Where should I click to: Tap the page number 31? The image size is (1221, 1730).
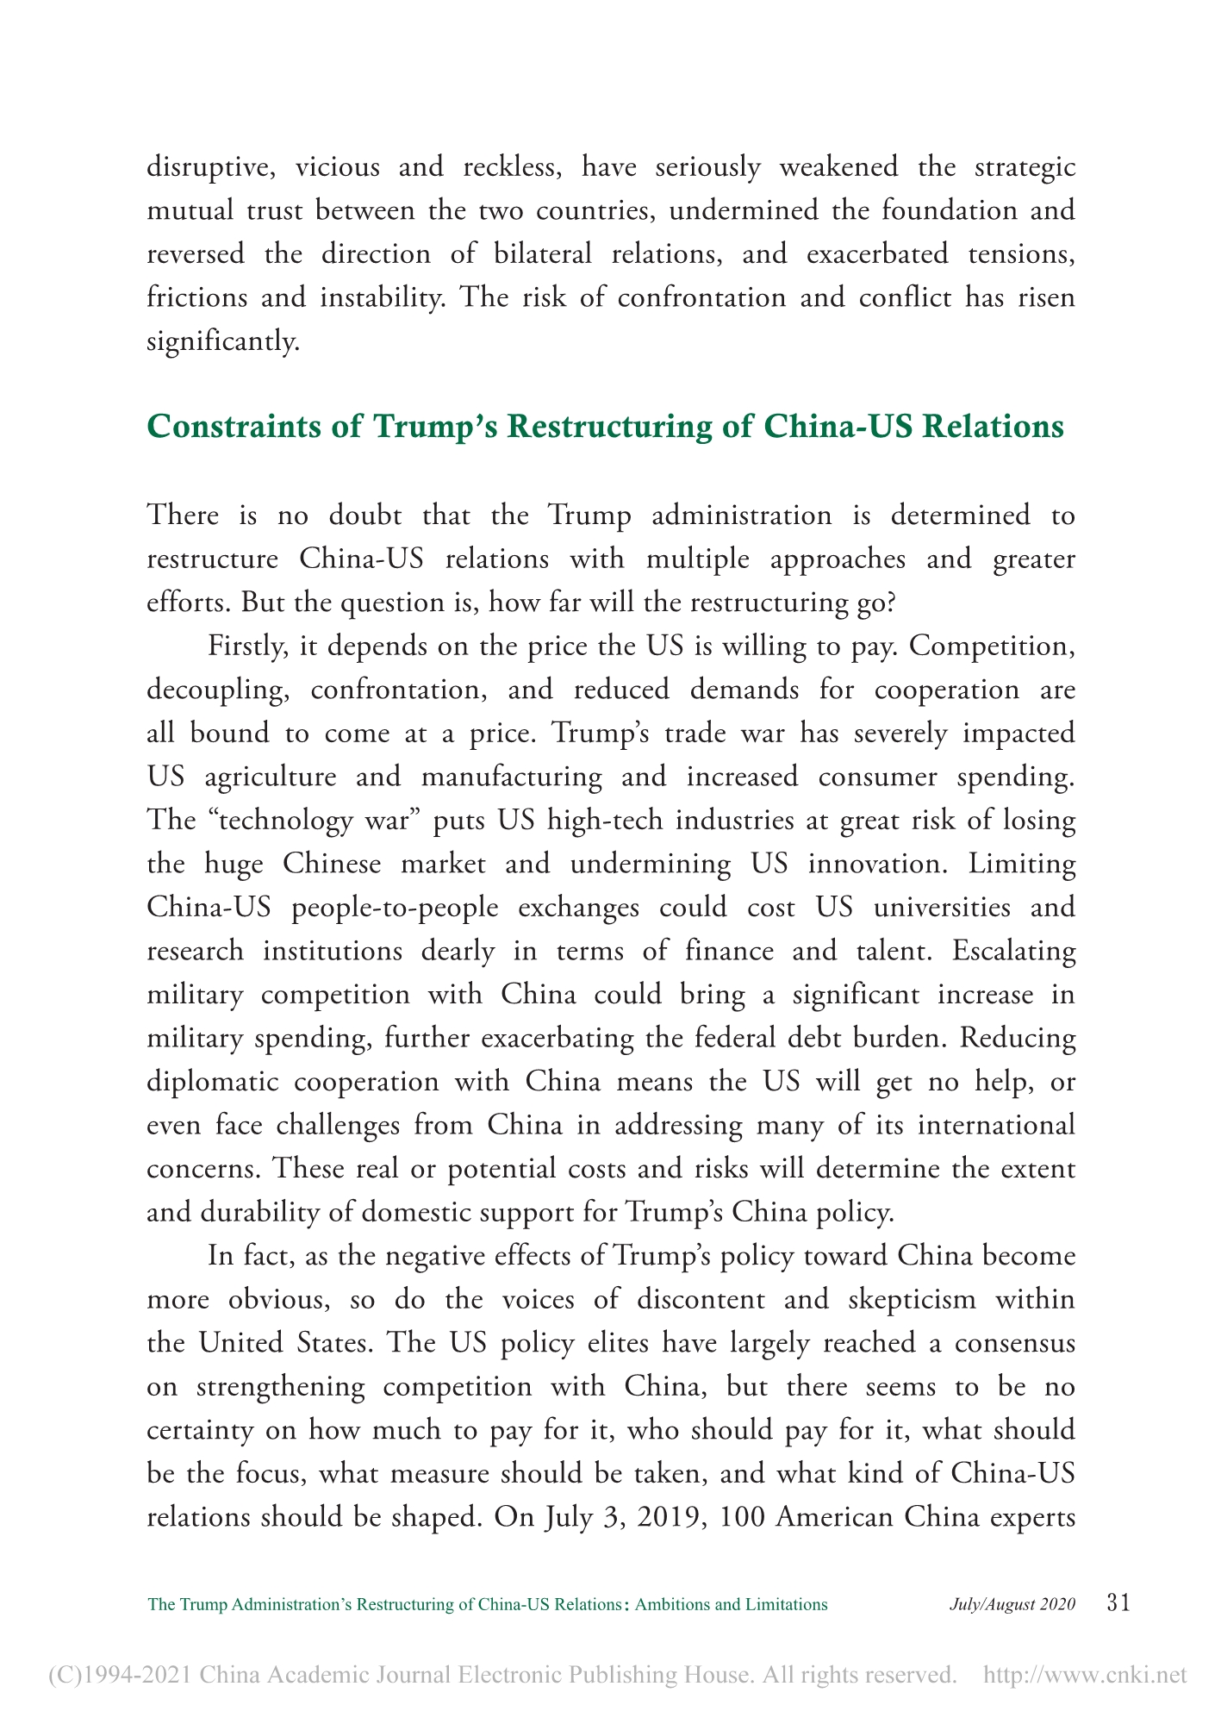[1117, 1603]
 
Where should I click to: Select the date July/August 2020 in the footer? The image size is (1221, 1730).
[1012, 1604]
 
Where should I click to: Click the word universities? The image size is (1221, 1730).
[937, 908]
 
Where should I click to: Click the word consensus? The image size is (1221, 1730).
[1016, 1343]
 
